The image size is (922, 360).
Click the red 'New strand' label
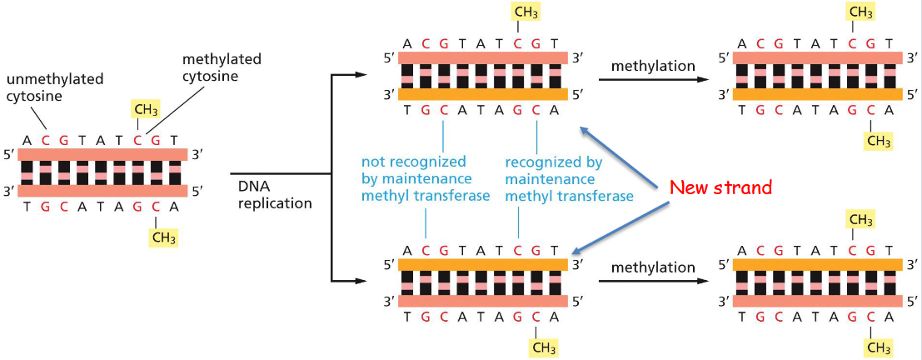721,187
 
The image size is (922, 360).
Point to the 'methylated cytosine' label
222,67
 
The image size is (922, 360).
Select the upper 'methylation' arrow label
652,65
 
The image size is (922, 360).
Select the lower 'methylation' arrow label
652,267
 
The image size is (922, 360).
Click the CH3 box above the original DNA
148,110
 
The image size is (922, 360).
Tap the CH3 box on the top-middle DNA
526,14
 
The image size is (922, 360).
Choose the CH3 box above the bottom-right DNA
860,219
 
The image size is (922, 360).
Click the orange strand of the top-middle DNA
483,94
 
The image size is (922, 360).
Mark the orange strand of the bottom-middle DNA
483,263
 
